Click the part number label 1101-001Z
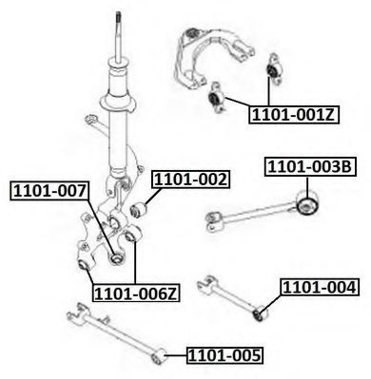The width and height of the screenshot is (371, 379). pos(294,115)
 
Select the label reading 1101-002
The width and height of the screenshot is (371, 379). pos(191,180)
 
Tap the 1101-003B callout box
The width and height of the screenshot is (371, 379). pos(310,167)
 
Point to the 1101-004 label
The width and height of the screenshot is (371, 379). pos(320,288)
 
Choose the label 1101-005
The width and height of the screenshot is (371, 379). pos(225,355)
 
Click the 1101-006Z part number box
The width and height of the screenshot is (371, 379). pos(137,294)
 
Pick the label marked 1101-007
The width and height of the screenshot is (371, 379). pos(50,191)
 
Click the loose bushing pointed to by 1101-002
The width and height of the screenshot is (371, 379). pos(138,210)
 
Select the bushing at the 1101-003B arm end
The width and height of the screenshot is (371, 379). pos(308,204)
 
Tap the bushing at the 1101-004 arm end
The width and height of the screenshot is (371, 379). pos(261,313)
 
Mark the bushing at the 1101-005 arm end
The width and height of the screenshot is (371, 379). pos(158,356)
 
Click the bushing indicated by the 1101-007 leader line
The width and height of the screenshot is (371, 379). pos(116,258)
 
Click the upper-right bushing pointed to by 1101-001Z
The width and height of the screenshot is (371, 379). pos(273,69)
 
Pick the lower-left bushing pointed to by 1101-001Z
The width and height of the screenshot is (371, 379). pos(216,98)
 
